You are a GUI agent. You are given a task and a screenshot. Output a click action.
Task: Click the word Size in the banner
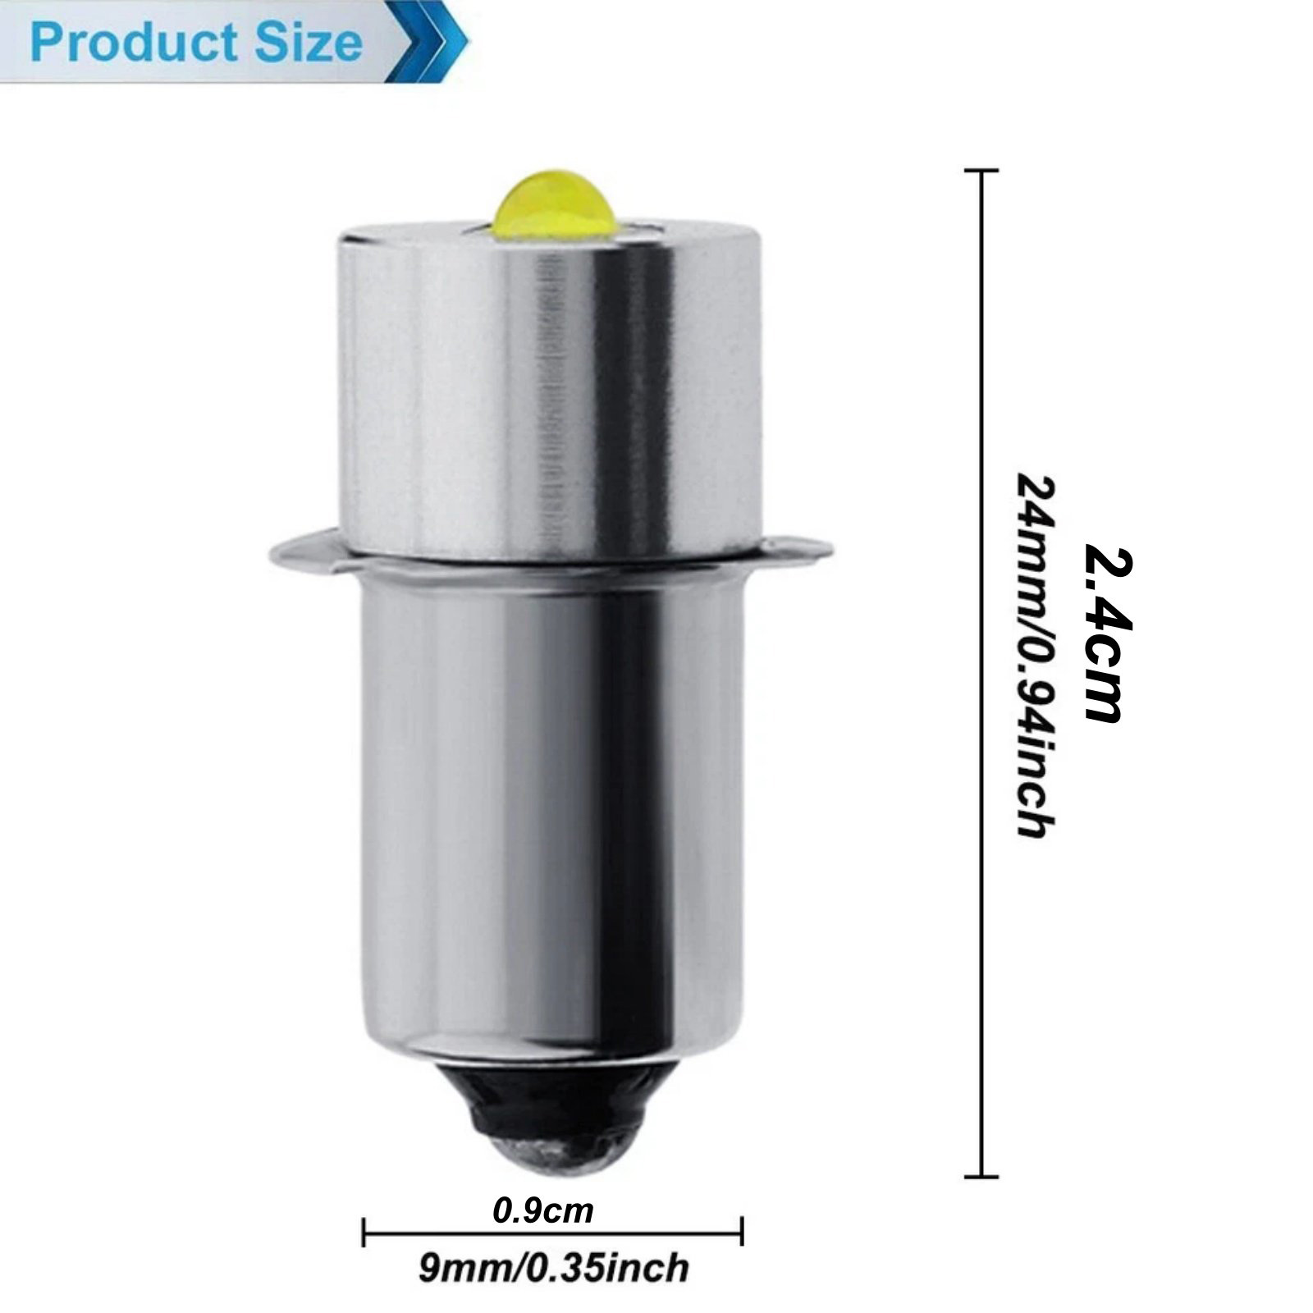point(309,43)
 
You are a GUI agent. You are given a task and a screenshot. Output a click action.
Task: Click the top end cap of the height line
point(981,170)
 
